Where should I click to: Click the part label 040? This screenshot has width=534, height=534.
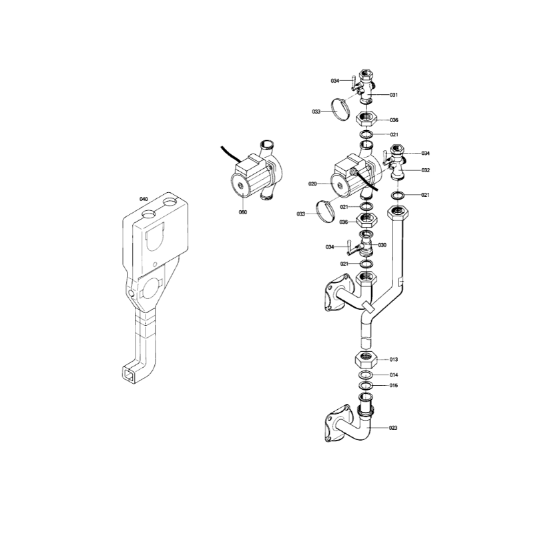pyautogui.click(x=144, y=199)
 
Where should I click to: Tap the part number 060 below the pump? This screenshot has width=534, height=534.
pyautogui.click(x=243, y=212)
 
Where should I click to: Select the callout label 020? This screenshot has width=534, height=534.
pyautogui.click(x=312, y=184)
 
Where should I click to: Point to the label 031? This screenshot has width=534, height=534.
pyautogui.click(x=394, y=95)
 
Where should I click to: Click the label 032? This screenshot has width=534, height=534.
pyautogui.click(x=426, y=170)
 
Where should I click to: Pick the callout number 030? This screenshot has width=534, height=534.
pyautogui.click(x=382, y=245)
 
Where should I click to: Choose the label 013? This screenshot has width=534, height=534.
pyautogui.click(x=394, y=359)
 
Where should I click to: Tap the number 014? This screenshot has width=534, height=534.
pyautogui.click(x=394, y=375)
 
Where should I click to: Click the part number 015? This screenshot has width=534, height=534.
pyautogui.click(x=394, y=386)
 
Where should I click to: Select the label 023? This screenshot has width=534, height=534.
pyautogui.click(x=393, y=428)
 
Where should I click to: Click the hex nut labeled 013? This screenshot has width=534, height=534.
pyautogui.click(x=366, y=360)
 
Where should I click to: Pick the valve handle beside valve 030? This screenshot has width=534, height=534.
pyautogui.click(x=351, y=248)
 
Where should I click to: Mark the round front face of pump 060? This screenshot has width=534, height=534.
pyautogui.click(x=242, y=186)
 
